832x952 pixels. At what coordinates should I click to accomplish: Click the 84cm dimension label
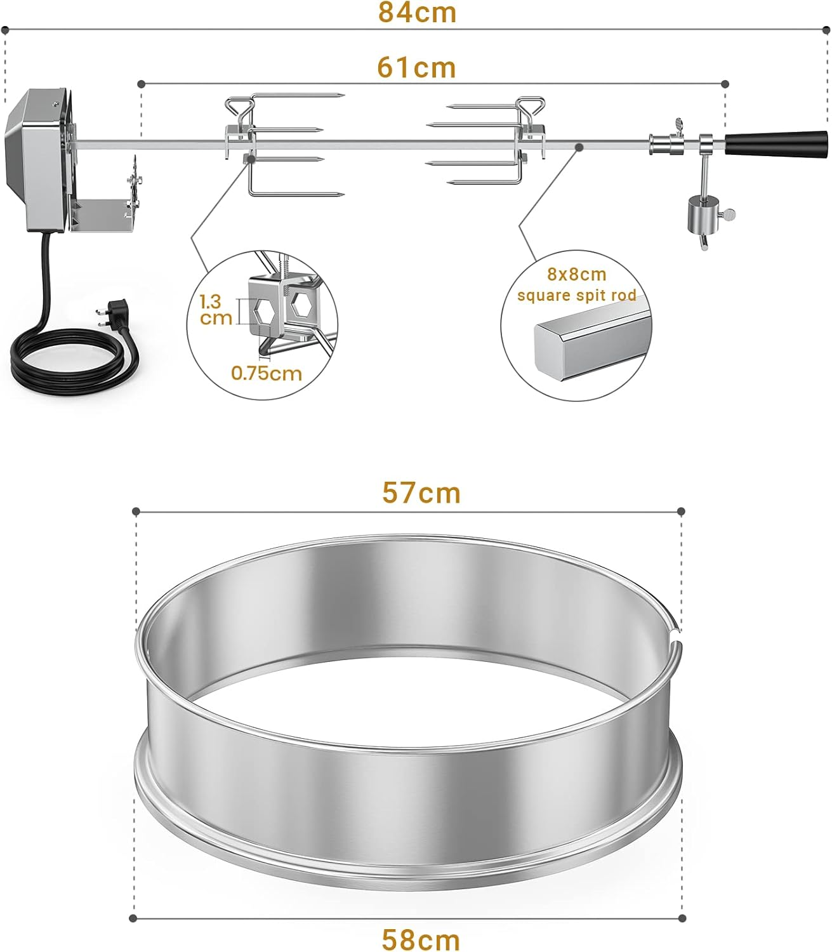[x=417, y=13]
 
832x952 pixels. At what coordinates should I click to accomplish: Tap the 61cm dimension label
[x=417, y=67]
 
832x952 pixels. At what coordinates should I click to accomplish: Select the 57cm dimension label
[x=421, y=493]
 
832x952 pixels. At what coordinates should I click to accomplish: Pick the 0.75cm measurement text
[x=267, y=373]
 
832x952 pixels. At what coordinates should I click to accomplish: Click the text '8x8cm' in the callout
[x=577, y=275]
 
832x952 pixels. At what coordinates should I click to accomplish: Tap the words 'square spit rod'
[x=576, y=295]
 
